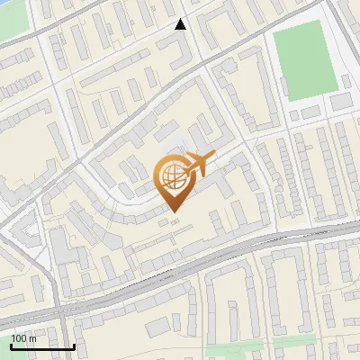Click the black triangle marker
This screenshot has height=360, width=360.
coord(181,24)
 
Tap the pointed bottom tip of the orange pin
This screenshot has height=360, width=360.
coord(174,211)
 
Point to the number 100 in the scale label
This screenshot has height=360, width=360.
coord(19,338)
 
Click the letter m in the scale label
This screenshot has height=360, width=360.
coord(31,338)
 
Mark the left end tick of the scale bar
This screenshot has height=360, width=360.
coord(11,346)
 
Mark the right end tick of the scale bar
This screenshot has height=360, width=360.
coord(73,346)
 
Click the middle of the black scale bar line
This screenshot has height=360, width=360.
coord(42,346)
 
